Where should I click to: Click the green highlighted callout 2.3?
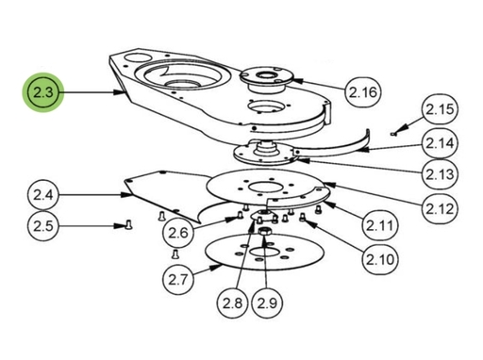tap(43, 92)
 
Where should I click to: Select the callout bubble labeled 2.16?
tap(363, 92)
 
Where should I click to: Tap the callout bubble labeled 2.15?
tap(440, 109)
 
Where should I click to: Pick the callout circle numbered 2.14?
tap(440, 143)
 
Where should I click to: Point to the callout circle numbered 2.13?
tap(440, 174)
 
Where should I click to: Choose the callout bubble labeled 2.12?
tap(440, 208)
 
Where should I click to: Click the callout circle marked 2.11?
tap(380, 225)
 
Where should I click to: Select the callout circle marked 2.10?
tap(380, 259)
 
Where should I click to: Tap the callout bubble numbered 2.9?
tap(267, 303)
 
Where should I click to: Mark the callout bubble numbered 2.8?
tap(233, 303)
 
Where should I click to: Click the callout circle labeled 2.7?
tap(178, 279)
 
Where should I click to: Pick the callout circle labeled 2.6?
tap(178, 233)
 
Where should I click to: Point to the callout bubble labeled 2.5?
tap(43, 226)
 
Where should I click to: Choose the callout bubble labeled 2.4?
tap(43, 195)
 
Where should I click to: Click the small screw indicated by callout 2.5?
tap(128, 224)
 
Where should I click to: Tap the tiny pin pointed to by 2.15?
tap(392, 134)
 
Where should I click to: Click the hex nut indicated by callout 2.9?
tap(263, 232)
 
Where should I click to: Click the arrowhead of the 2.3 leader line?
tap(119, 92)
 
